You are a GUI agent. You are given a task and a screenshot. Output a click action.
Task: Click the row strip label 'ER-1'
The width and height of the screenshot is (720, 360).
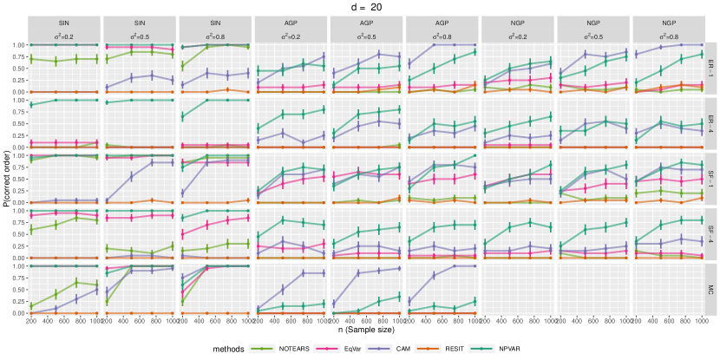[712, 67]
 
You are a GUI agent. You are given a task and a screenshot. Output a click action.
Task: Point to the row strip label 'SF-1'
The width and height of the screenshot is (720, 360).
[712, 179]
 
